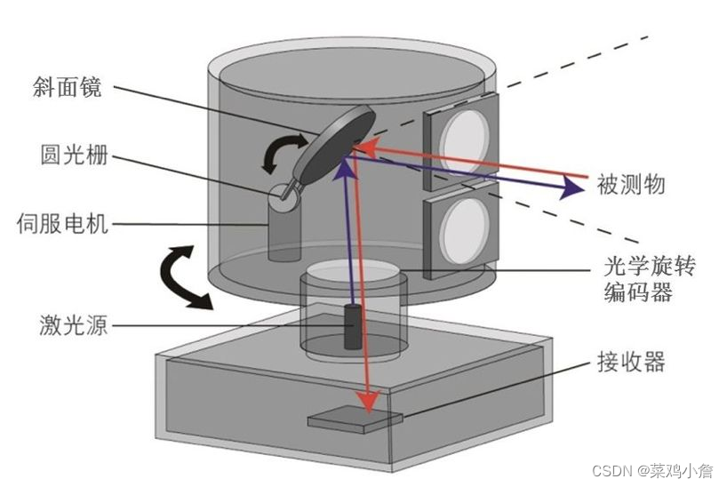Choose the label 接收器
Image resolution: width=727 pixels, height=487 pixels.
click(x=632, y=363)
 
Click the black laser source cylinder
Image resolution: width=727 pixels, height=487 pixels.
click(x=353, y=326)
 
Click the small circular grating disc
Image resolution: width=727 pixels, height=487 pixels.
click(x=283, y=196)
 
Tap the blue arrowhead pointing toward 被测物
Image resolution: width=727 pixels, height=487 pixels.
click(x=564, y=188)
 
